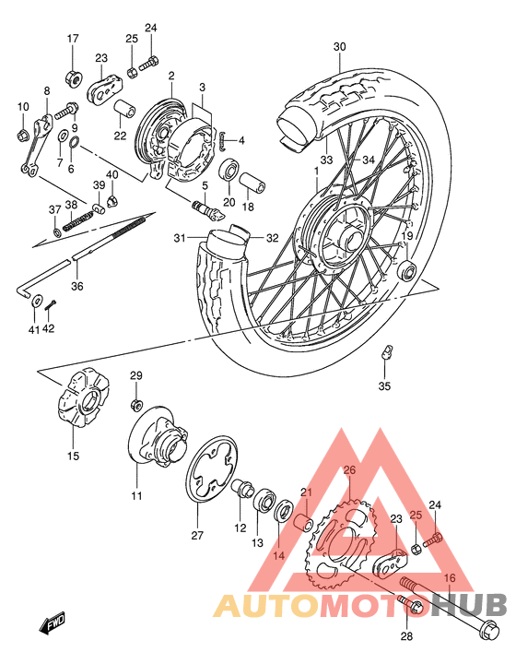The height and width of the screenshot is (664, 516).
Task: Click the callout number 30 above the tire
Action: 339,47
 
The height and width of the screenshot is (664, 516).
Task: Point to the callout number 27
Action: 195,535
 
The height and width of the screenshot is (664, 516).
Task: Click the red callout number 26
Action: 348,470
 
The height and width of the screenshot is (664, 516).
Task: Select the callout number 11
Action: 136,497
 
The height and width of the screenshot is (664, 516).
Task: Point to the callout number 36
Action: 77,286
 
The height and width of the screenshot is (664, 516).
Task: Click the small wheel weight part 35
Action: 388,351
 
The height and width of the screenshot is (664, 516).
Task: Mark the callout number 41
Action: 33,329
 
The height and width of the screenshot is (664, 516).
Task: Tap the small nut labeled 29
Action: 135,405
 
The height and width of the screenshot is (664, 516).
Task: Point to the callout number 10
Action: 23,108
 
